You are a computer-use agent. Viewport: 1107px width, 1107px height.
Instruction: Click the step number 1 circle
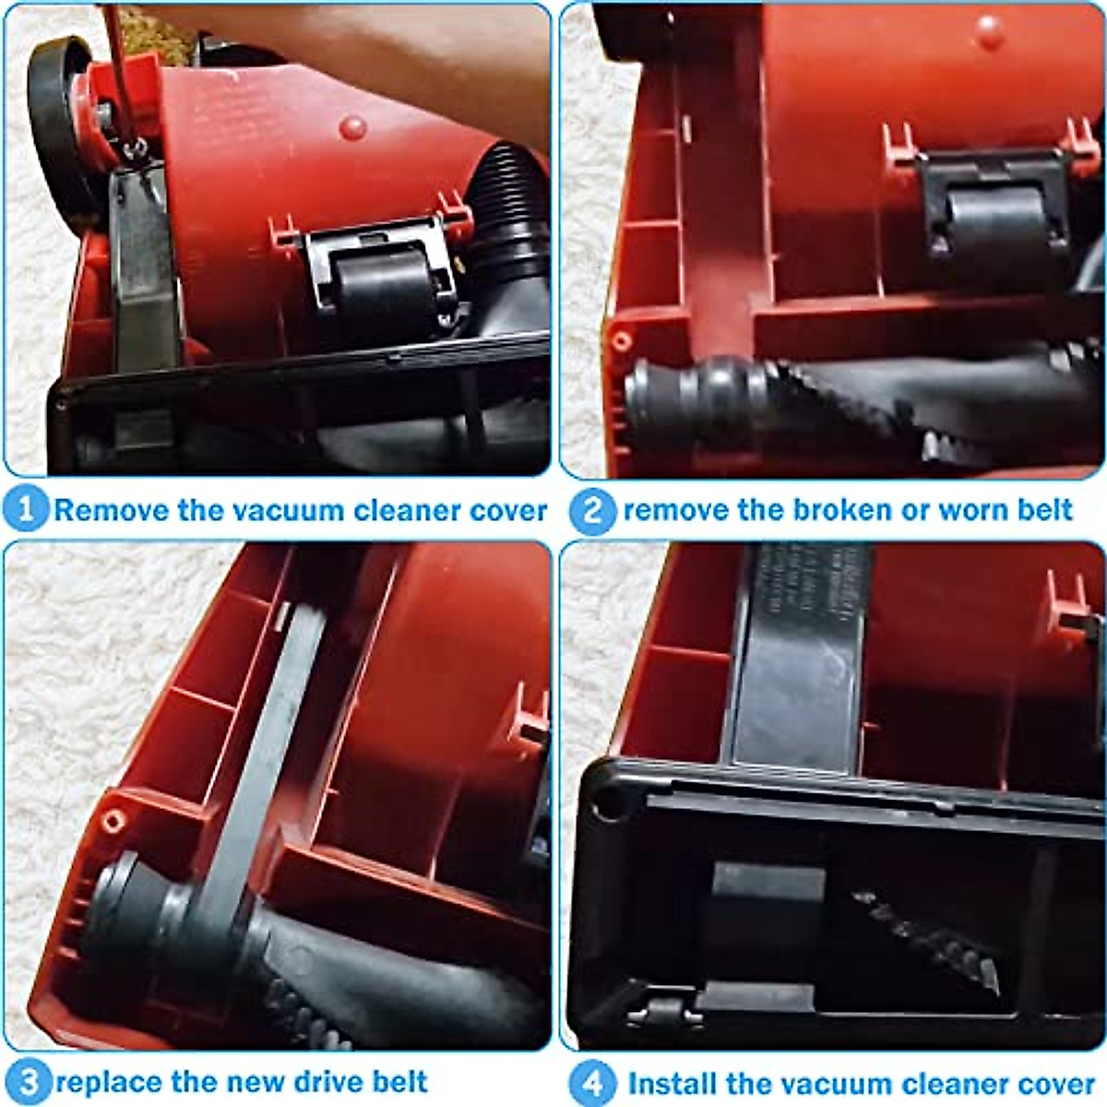[x=25, y=508]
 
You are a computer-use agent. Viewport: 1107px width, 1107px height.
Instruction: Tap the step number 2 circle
[x=591, y=510]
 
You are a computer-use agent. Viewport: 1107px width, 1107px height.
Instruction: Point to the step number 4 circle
[x=591, y=1081]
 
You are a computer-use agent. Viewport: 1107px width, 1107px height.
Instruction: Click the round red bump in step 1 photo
[x=352, y=127]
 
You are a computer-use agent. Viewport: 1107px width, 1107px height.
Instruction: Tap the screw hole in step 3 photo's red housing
[x=113, y=819]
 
